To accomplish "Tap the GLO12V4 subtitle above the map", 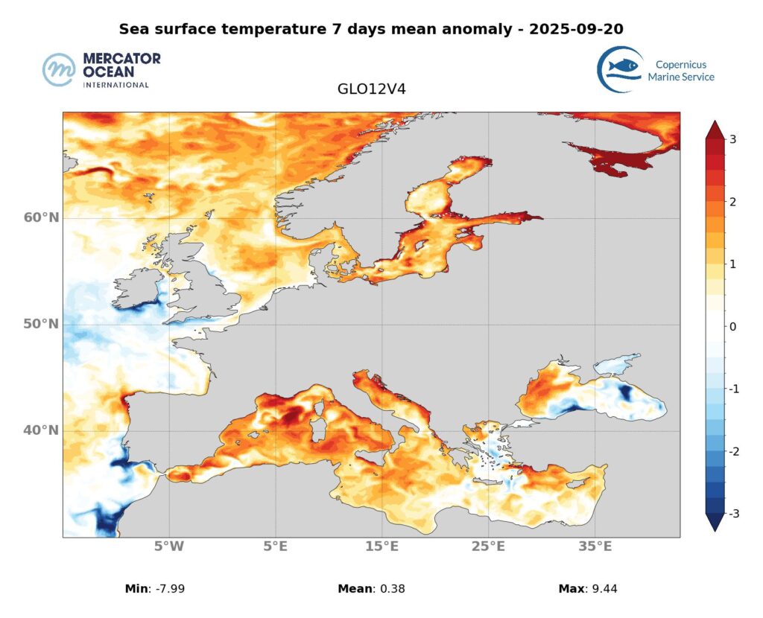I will (371, 89).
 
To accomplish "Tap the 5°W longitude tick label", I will (169, 547).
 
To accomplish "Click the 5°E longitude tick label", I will (276, 547).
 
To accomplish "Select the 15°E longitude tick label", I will (381, 547).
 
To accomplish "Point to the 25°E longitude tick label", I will (488, 547).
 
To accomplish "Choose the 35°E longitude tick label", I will (595, 547).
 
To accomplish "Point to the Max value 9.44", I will (602, 589).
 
